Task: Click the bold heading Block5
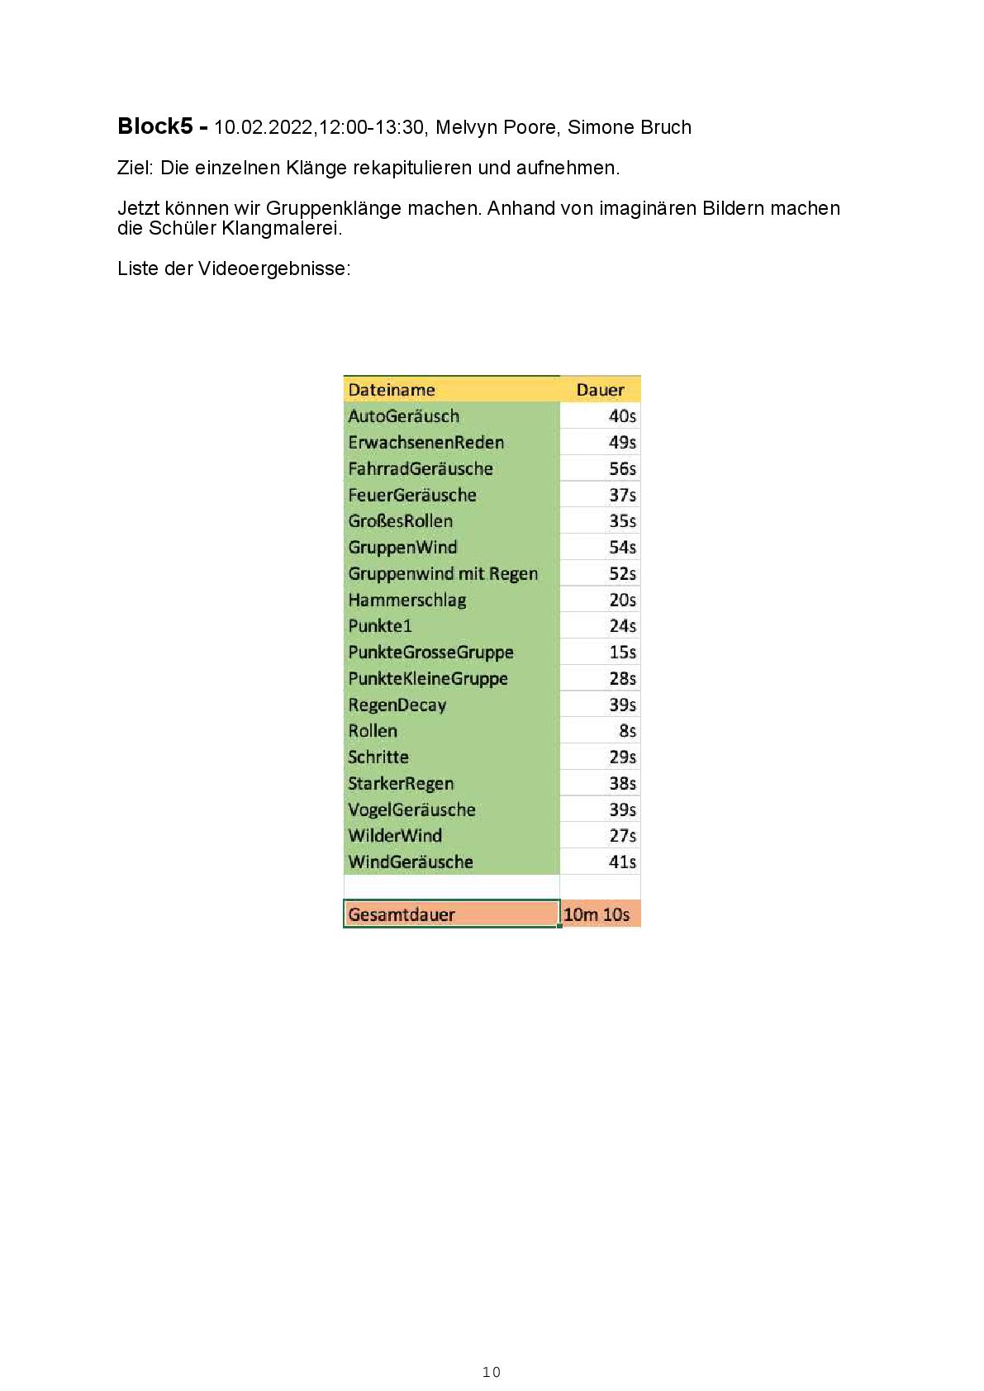pos(155,126)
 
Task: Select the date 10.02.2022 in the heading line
pos(263,127)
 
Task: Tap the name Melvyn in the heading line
pos(465,127)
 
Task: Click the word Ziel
pos(134,168)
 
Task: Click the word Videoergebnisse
pos(273,268)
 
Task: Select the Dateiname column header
pos(392,390)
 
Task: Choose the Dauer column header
pos(600,390)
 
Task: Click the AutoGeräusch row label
pos(403,416)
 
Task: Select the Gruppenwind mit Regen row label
pos(443,574)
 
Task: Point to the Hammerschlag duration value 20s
pos(622,601)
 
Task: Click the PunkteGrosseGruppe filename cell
pos(430,653)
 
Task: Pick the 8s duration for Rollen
pos(627,731)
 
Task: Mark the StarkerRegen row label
pos(401,784)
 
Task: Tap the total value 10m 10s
pos(597,914)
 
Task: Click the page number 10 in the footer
pos(492,1372)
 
